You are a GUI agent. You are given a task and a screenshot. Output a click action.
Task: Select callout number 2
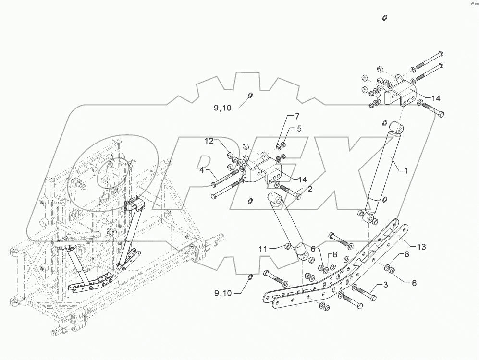pos(310,189)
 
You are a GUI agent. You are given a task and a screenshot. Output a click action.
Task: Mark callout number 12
pos(209,141)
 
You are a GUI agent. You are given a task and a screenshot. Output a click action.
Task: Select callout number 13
pos(421,247)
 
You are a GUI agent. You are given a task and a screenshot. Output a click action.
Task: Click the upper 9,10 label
pos(223,108)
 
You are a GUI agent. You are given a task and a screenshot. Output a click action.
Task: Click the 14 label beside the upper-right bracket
pos(435,98)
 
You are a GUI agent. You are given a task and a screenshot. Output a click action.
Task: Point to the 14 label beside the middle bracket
pos(302,180)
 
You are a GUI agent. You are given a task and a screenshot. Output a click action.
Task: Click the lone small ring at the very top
pos(384,18)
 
